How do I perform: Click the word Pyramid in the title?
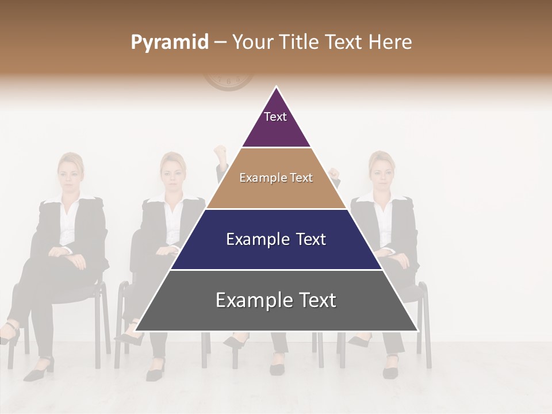169,43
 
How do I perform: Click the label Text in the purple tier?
275,117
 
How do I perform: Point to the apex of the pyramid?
276,87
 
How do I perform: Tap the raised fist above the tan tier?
219,154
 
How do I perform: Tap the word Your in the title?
254,42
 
